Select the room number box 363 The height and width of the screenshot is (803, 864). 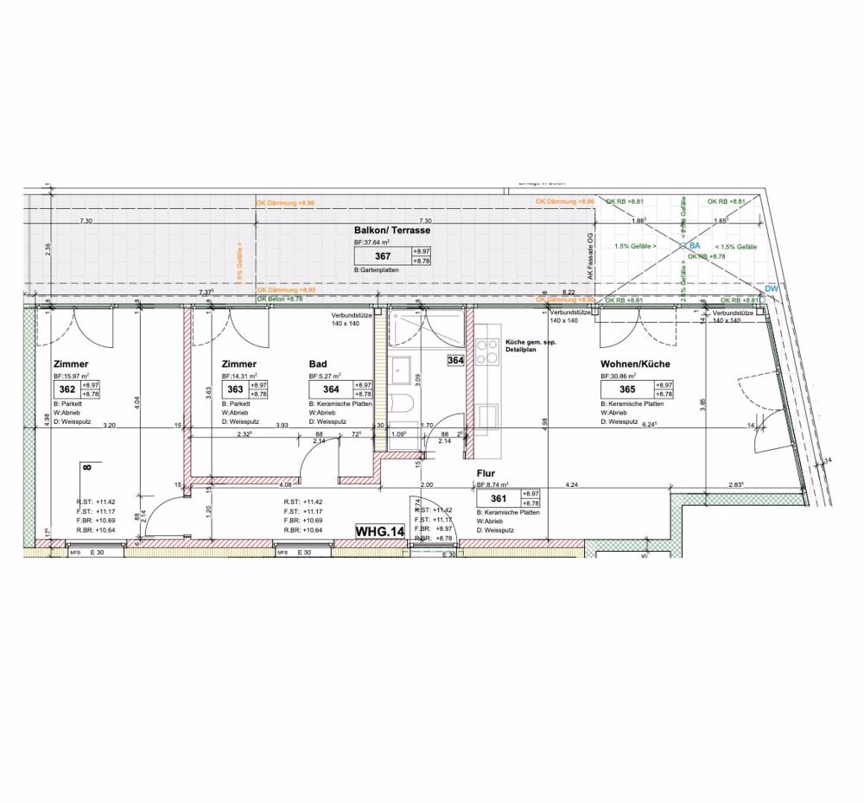(x=233, y=389)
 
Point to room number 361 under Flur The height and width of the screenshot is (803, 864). (x=497, y=498)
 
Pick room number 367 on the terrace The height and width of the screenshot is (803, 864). (x=383, y=256)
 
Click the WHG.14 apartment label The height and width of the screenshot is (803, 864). (x=380, y=532)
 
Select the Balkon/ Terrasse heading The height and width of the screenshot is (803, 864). (x=392, y=231)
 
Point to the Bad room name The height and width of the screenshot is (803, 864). (x=318, y=365)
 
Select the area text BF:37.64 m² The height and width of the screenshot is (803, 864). (x=373, y=244)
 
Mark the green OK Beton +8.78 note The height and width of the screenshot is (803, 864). (x=280, y=299)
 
